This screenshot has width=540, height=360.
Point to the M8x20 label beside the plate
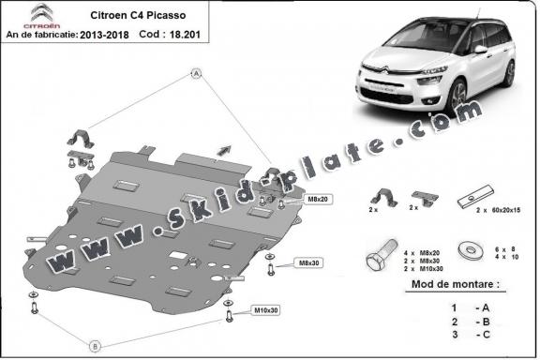point(292,201)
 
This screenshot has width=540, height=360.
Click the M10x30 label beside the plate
point(265,309)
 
